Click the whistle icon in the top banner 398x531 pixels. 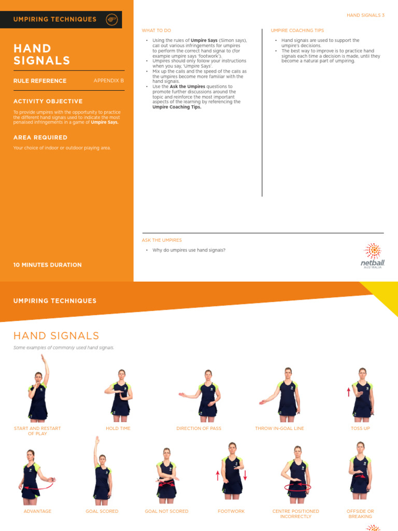click(111, 19)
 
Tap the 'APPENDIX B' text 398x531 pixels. click(109, 80)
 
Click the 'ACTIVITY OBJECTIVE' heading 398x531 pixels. click(48, 101)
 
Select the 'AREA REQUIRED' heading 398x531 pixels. click(40, 137)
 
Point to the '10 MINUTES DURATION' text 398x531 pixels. click(48, 265)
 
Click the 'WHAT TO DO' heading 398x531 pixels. click(157, 31)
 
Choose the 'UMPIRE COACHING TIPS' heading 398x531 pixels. click(297, 31)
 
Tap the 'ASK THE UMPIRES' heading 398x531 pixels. click(162, 240)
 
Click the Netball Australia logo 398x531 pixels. click(373, 256)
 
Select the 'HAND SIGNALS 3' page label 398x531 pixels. click(365, 16)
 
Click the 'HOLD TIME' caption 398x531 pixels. click(118, 428)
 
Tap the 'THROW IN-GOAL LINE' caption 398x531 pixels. click(279, 428)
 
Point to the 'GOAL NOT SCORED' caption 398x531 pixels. click(166, 511)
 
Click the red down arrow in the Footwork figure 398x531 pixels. click(245, 474)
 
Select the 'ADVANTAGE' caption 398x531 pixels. click(37, 511)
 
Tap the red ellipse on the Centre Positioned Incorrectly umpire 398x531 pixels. click(297, 487)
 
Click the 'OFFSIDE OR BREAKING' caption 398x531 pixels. click(360, 514)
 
